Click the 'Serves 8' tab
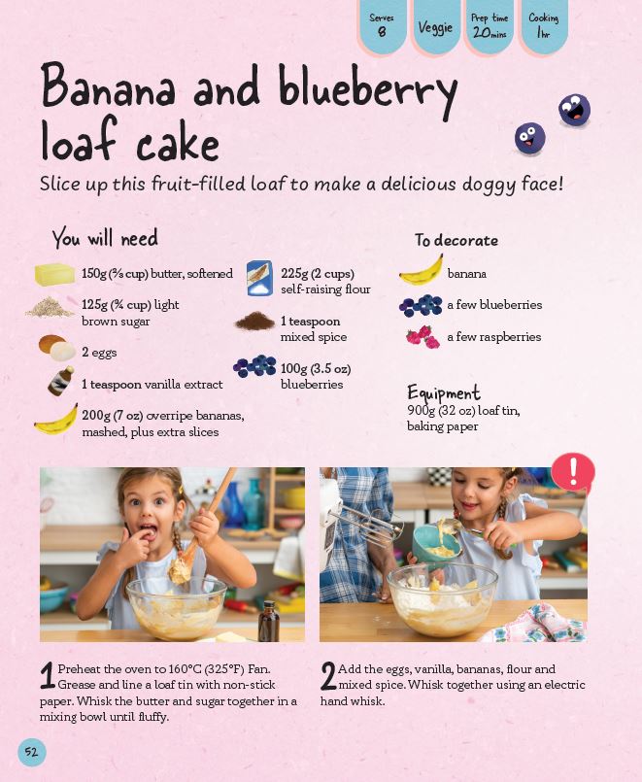[x=382, y=25]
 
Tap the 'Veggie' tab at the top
[x=436, y=26]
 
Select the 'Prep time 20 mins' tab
[x=490, y=25]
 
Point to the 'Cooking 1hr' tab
[x=543, y=25]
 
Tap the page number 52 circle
[x=31, y=752]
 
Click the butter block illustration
[x=54, y=274]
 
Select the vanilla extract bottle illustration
[x=61, y=382]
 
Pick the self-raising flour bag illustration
[x=259, y=278]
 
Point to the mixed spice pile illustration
[x=255, y=321]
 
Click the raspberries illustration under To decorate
[x=422, y=337]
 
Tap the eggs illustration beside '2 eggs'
[x=57, y=348]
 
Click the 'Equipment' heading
[x=444, y=393]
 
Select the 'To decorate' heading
[x=456, y=240]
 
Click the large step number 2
[x=328, y=676]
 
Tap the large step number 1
[x=48, y=676]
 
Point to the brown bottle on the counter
[x=269, y=621]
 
